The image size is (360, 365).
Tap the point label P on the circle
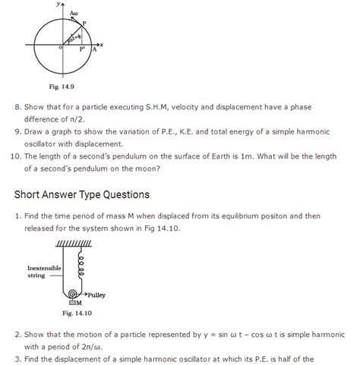pos(84,24)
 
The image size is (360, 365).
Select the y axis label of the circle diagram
pos(57,5)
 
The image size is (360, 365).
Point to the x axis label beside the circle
pos(101,45)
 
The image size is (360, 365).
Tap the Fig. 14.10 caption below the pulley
pos(77,312)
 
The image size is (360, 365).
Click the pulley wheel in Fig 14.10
pos(73,294)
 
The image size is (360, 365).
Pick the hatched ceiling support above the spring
pos(74,244)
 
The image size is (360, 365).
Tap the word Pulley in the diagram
pos(97,294)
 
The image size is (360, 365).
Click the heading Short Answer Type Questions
pos(82,195)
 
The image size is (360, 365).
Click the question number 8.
pos(17,107)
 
